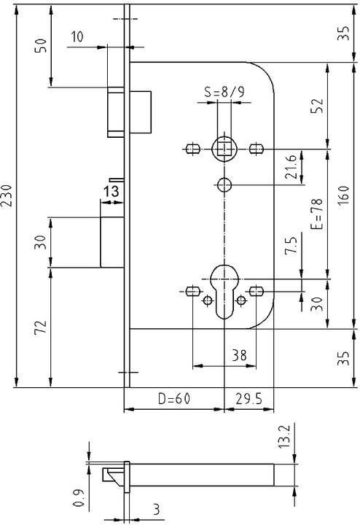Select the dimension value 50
click(42, 46)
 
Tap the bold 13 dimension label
click(111, 191)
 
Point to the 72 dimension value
click(42, 326)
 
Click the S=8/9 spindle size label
click(224, 93)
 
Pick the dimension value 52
click(316, 106)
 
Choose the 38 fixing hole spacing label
click(238, 355)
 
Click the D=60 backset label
click(173, 399)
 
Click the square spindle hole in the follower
click(224, 149)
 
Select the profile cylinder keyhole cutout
click(223, 289)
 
